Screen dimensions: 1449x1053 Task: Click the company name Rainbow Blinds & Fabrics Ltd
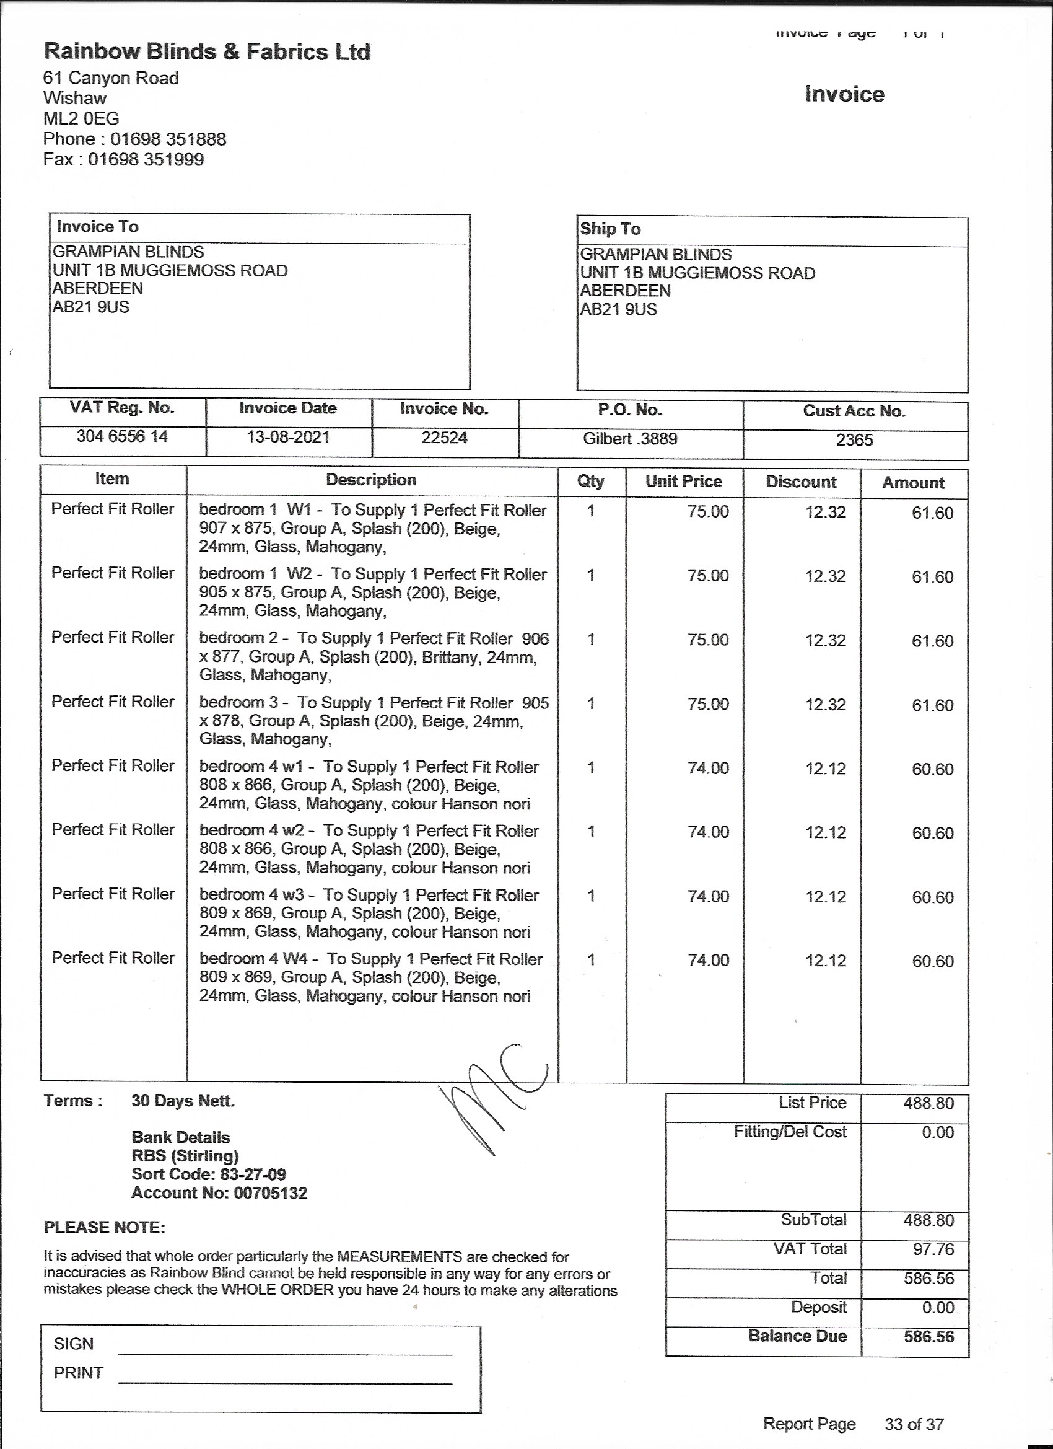pyautogui.click(x=207, y=52)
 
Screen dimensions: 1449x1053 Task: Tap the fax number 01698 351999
pyautogui.click(x=146, y=160)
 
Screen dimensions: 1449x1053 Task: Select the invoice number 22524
pyautogui.click(x=445, y=438)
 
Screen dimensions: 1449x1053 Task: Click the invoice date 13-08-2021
pyautogui.click(x=288, y=437)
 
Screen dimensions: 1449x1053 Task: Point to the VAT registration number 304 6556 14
pyautogui.click(x=122, y=436)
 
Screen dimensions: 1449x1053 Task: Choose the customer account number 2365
pyautogui.click(x=854, y=439)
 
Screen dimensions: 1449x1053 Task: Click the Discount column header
pyautogui.click(x=801, y=482)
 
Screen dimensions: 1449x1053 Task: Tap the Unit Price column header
pyautogui.click(x=683, y=481)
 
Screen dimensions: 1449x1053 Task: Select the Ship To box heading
pyautogui.click(x=610, y=229)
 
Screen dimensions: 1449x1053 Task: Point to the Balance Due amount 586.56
pyautogui.click(x=928, y=1337)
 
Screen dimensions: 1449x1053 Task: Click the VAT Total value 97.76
pyautogui.click(x=933, y=1249)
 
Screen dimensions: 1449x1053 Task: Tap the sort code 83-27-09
pyautogui.click(x=253, y=1174)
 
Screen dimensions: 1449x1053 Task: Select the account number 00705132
pyautogui.click(x=271, y=1193)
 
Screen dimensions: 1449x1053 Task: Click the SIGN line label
pyautogui.click(x=74, y=1344)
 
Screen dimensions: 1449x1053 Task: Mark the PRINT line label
pyautogui.click(x=78, y=1373)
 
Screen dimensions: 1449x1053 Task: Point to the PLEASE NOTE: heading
pyautogui.click(x=105, y=1228)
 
